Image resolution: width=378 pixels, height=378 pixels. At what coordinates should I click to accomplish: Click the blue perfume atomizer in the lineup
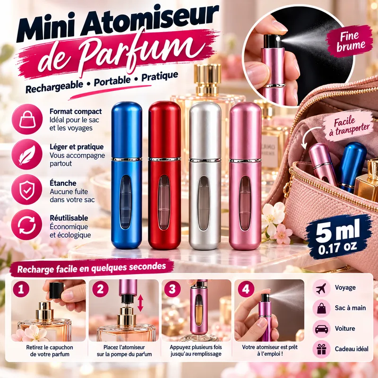pyautogui.click(x=126, y=175)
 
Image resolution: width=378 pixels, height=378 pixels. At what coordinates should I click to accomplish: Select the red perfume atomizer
pyautogui.click(x=164, y=175)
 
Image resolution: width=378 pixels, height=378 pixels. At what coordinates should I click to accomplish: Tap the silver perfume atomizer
pyautogui.click(x=205, y=175)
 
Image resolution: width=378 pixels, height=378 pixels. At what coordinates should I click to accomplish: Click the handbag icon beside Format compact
pyautogui.click(x=27, y=119)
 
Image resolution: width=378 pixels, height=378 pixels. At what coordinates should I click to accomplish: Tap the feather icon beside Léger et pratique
pyautogui.click(x=27, y=155)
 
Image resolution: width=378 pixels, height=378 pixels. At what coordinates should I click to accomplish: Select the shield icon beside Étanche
pyautogui.click(x=27, y=189)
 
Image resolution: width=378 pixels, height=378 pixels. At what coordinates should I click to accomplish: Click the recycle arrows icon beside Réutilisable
pyautogui.click(x=27, y=225)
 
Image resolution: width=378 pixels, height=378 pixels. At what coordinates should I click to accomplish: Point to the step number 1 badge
pyautogui.click(x=21, y=289)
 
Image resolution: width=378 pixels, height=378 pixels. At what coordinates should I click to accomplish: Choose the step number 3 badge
pyautogui.click(x=172, y=289)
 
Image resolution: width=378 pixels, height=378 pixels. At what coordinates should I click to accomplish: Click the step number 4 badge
pyautogui.click(x=246, y=289)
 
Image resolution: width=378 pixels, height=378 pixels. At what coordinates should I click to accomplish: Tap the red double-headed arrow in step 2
pyautogui.click(x=140, y=303)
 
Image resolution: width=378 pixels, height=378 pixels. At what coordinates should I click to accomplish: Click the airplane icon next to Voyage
pyautogui.click(x=322, y=288)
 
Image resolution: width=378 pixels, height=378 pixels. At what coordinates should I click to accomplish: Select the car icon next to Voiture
pyautogui.click(x=322, y=329)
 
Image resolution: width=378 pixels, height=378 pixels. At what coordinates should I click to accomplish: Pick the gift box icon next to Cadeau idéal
pyautogui.click(x=322, y=349)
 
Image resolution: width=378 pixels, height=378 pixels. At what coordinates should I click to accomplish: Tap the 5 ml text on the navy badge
pyautogui.click(x=338, y=231)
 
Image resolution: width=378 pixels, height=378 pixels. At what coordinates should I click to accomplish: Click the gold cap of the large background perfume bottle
pyautogui.click(x=207, y=79)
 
